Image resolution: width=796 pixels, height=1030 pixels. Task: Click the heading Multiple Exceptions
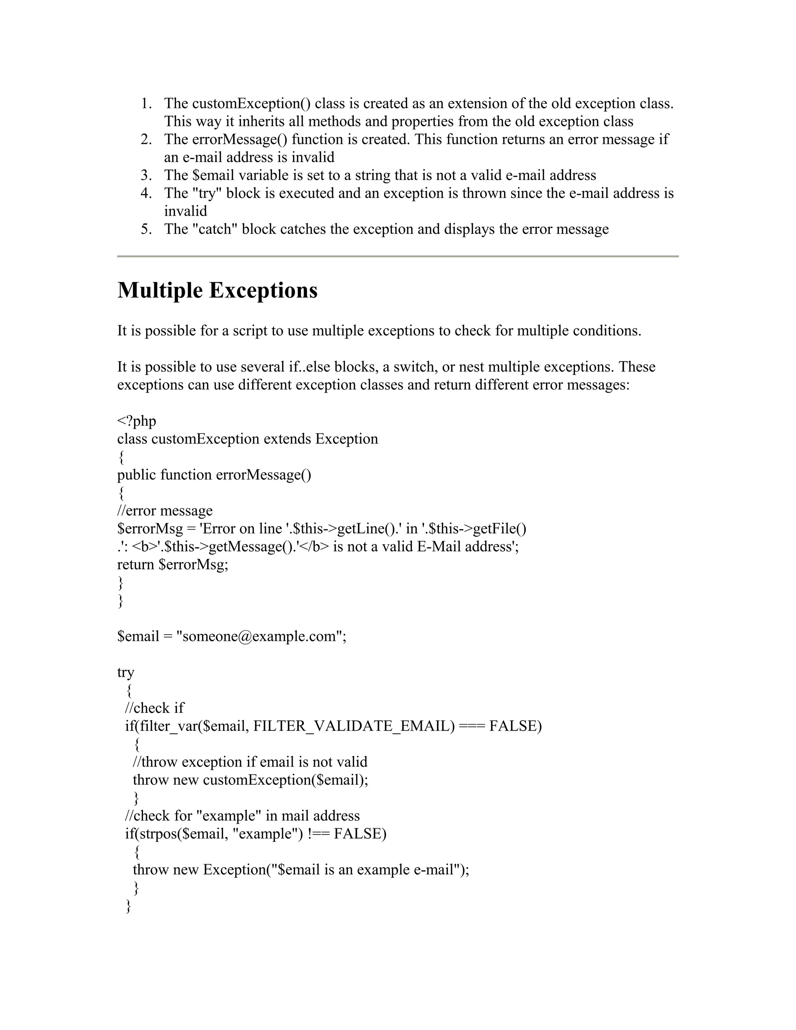(217, 290)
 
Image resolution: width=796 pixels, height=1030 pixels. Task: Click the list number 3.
(146, 175)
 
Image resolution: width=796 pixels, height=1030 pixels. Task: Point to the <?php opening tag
(136, 421)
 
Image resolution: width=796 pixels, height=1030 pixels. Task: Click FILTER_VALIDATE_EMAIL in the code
(354, 726)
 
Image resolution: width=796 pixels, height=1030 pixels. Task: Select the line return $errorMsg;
(173, 564)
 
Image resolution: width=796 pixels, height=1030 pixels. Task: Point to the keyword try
(126, 672)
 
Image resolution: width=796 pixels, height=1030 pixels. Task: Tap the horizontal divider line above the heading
(398, 256)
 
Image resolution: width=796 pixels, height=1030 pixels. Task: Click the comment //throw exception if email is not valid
(250, 762)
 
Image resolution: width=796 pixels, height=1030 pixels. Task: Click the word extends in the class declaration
(287, 439)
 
